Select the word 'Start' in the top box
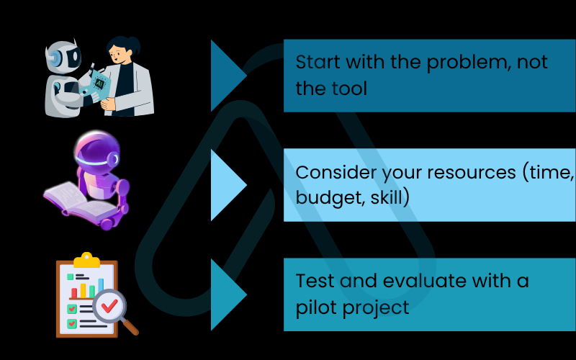[318, 62]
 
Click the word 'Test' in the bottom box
[313, 281]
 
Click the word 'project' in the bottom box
[378, 307]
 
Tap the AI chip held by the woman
[100, 82]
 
